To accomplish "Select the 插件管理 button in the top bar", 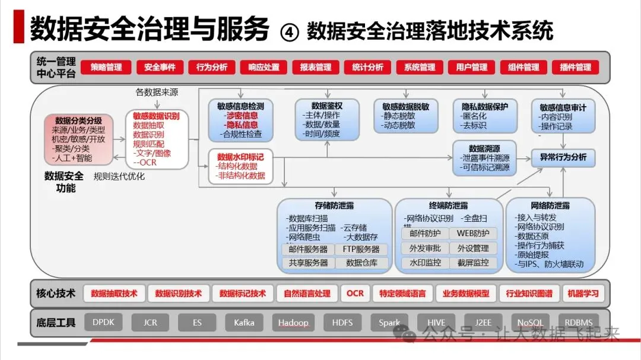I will click(x=575, y=67).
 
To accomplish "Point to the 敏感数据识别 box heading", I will click(x=156, y=116).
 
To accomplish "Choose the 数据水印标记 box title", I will click(x=240, y=157).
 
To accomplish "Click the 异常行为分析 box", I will click(x=563, y=157).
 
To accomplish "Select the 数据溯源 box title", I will click(x=484, y=148).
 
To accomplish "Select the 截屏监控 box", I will click(x=473, y=263).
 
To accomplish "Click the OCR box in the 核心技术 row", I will click(x=355, y=293).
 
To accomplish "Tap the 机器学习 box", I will click(x=583, y=293).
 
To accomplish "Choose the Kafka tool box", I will click(x=244, y=323).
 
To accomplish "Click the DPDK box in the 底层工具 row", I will click(x=103, y=323).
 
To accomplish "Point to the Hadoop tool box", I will click(x=293, y=323).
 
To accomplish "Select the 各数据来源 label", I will click(x=157, y=93).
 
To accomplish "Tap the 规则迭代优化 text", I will click(x=119, y=176).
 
